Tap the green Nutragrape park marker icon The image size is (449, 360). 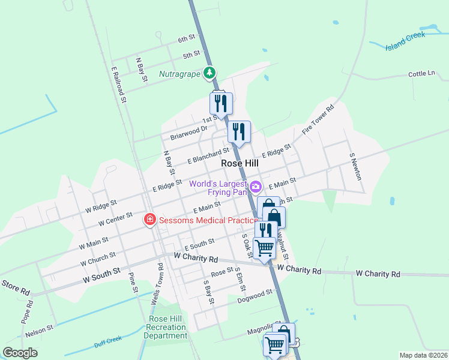[209, 73]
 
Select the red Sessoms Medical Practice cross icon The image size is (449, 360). [149, 220]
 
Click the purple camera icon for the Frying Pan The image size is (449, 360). [255, 187]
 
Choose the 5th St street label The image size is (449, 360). [191, 55]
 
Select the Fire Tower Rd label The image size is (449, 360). [318, 118]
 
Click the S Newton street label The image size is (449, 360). [355, 166]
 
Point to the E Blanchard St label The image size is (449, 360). [208, 156]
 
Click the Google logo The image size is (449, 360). [20, 353]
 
